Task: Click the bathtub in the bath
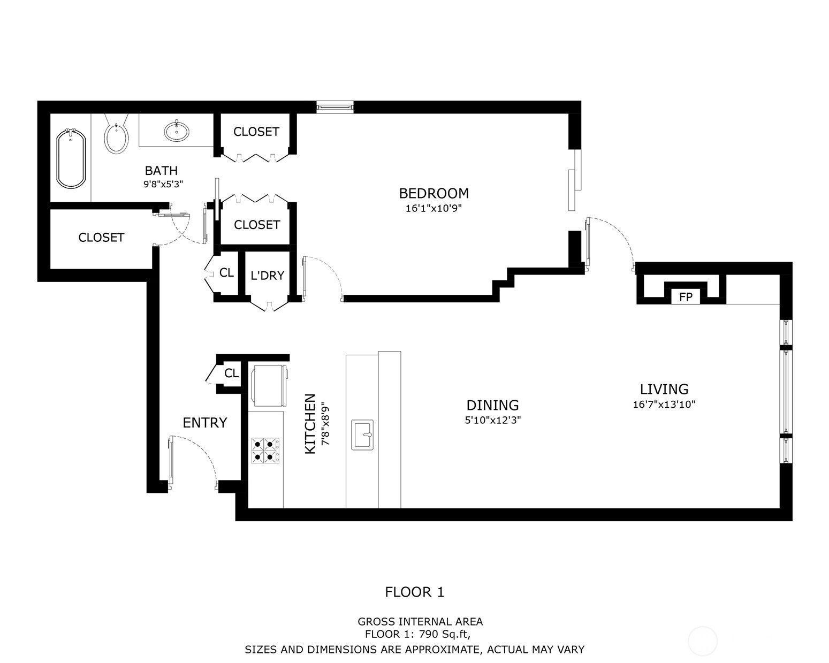click(x=71, y=158)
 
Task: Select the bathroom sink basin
click(x=176, y=131)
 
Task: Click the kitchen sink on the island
click(x=362, y=435)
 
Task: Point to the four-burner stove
click(x=265, y=449)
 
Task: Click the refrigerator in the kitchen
click(x=269, y=384)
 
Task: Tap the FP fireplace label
click(x=686, y=297)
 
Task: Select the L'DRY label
click(x=267, y=276)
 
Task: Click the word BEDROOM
click(x=433, y=193)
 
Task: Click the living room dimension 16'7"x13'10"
click(x=664, y=405)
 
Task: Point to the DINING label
click(x=492, y=405)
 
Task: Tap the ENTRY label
click(x=205, y=423)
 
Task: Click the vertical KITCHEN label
click(x=310, y=424)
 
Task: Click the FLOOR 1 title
click(x=415, y=592)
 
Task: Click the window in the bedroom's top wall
click(x=335, y=107)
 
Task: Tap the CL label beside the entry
click(x=231, y=373)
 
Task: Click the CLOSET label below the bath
click(x=101, y=237)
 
